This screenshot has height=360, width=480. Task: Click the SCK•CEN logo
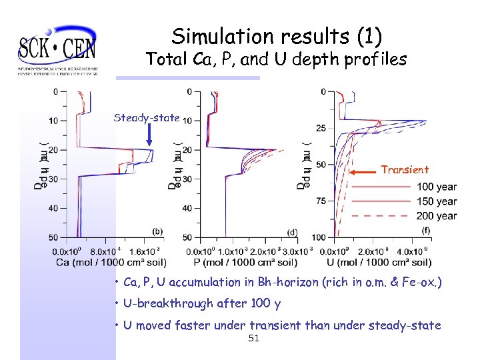click(x=58, y=50)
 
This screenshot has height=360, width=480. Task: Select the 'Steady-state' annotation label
click(x=147, y=118)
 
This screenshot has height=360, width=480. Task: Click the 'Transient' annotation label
click(x=405, y=169)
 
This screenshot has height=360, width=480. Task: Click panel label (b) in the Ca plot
click(x=157, y=231)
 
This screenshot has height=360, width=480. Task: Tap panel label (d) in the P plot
click(x=292, y=232)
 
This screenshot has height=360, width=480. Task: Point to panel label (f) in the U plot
click(x=425, y=231)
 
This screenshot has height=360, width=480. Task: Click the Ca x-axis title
click(x=111, y=262)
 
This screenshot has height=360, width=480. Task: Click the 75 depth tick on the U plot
click(x=321, y=201)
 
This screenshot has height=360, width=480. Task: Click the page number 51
click(x=253, y=339)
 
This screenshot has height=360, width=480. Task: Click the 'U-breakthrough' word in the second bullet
click(x=165, y=304)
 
